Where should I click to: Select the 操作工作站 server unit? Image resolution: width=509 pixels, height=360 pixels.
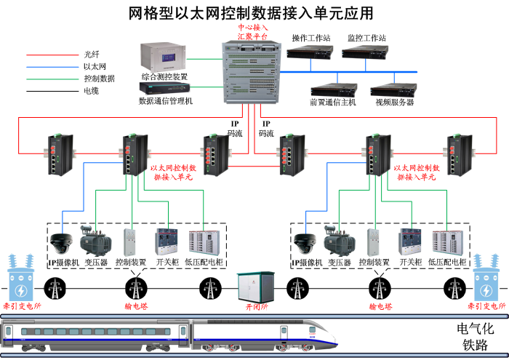pos(310,52)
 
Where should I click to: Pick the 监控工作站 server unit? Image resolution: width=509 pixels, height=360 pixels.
pos(366,52)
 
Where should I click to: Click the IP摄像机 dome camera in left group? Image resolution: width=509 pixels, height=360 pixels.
pos(63,241)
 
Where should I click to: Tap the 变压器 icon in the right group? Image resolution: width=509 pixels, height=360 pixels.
pos(339,239)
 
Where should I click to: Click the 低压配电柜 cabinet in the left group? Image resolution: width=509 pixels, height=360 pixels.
pos(203,242)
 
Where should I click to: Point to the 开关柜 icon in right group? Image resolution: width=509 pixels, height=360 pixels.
pos(410,241)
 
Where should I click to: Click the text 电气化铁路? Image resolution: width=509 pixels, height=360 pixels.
pos(472,336)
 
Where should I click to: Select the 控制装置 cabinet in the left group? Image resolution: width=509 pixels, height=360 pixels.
pos(132,241)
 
